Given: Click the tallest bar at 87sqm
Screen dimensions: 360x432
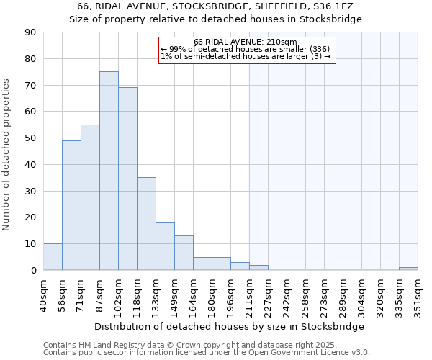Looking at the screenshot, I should [109, 171].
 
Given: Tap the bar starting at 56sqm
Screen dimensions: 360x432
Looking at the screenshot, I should [71, 205].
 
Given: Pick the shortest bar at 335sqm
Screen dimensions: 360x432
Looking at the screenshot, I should [408, 269].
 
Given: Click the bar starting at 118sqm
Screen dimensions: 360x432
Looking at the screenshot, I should [146, 223].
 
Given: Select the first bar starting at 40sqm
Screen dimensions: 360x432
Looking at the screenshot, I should [53, 256].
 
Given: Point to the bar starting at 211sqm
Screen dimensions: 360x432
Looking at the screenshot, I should [258, 267].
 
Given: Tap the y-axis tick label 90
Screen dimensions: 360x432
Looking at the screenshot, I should [30, 32].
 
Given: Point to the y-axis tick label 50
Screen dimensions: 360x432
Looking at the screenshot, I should [30, 138].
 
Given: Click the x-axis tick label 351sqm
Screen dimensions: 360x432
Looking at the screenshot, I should [418, 297].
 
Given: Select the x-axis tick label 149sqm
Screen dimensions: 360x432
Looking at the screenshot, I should [174, 297].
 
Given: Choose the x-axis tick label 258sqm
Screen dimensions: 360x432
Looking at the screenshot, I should [305, 297].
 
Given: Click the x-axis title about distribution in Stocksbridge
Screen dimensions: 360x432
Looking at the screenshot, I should [230, 326].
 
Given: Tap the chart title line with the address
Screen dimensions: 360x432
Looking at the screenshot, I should [215, 6].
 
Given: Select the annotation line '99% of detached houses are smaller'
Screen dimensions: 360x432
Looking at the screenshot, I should [246, 49].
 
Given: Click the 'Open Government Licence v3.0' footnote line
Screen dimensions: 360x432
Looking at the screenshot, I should [207, 353].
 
